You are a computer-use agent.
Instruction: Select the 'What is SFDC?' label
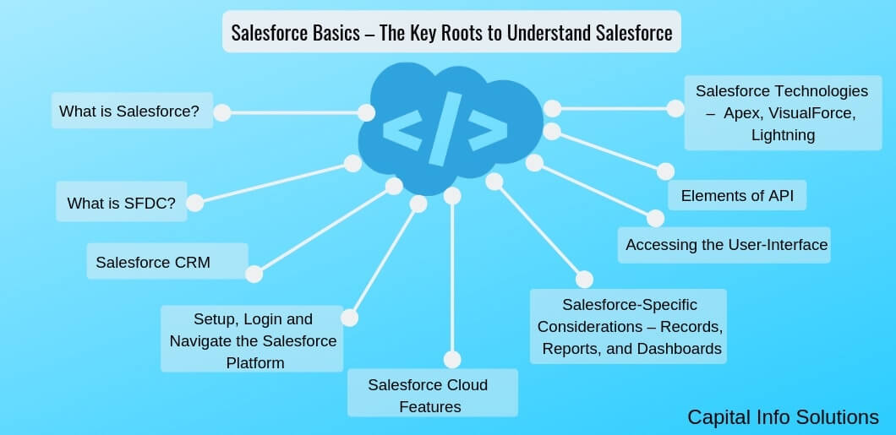click(x=121, y=203)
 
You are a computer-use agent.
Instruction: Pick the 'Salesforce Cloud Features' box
click(x=431, y=394)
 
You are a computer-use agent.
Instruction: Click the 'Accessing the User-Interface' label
click(x=726, y=245)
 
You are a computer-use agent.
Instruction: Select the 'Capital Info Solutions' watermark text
click(x=783, y=417)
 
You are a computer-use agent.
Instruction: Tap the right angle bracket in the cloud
click(x=484, y=128)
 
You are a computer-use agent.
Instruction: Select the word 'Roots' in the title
click(x=483, y=33)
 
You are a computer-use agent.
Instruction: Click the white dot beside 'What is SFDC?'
click(x=194, y=203)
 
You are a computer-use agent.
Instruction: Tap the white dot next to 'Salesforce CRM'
click(x=254, y=274)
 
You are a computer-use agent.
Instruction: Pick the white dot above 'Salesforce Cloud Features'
click(x=452, y=358)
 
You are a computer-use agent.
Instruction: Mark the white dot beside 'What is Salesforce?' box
click(x=221, y=112)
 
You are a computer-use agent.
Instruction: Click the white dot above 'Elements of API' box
click(x=666, y=171)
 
